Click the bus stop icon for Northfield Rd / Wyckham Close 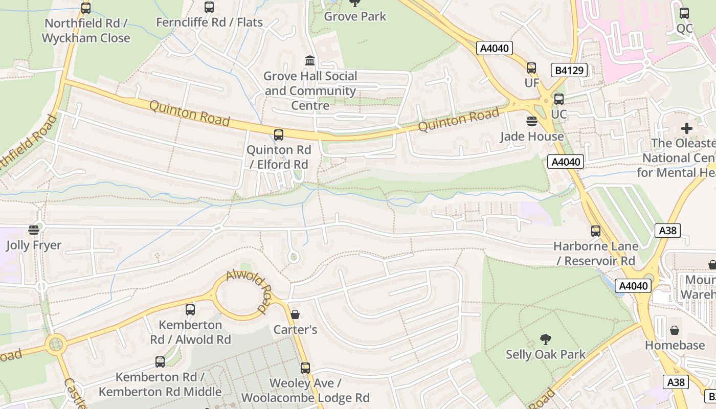[x=86, y=8]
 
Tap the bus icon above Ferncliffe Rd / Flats [x=209, y=7]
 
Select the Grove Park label [x=355, y=16]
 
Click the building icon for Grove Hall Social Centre [x=310, y=61]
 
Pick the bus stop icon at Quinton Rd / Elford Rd [x=279, y=135]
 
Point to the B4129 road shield [x=569, y=70]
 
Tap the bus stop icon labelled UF [x=531, y=68]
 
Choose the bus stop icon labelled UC [x=559, y=99]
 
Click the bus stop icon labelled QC [x=684, y=14]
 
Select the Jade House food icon [x=532, y=121]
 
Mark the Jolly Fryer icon [x=34, y=230]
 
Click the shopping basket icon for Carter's [x=295, y=314]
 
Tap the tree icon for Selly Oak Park [x=546, y=339]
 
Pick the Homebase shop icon [x=675, y=330]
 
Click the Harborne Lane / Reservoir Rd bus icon [x=596, y=231]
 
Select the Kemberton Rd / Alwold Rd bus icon [x=190, y=309]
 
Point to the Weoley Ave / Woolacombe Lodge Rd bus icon [x=305, y=368]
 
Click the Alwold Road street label [x=248, y=292]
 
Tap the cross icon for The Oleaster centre [x=686, y=128]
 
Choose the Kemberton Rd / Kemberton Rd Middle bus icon [x=160, y=362]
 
